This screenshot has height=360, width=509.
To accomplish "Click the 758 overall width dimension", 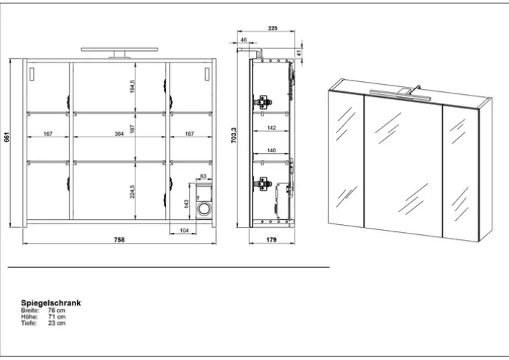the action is [119, 240].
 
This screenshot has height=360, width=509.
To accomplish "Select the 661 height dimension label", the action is [6, 137].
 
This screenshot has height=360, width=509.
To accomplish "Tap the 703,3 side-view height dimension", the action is [234, 135].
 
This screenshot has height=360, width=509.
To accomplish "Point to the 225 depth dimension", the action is [272, 28].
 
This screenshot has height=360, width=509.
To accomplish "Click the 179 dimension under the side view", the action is [271, 240].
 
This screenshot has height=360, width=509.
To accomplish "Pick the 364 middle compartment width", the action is [119, 134].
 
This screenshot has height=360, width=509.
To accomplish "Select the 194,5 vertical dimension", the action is [132, 87].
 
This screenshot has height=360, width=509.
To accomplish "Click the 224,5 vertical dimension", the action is [132, 192].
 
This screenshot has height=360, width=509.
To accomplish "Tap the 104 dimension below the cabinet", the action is [184, 231].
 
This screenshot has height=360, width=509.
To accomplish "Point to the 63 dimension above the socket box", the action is [203, 176].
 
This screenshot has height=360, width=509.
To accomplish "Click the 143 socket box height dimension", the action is [186, 204].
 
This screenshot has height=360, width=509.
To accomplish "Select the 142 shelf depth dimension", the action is [271, 128].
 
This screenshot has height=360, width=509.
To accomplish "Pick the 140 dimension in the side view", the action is [271, 150].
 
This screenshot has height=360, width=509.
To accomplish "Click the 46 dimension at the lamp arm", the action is [244, 40].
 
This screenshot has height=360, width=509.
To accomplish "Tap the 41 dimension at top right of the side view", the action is [299, 52].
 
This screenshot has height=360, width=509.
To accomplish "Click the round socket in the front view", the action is [204, 208].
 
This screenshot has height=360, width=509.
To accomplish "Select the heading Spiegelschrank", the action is [51, 303].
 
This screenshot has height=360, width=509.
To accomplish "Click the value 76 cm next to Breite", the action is [57, 310].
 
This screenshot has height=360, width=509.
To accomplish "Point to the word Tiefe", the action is [29, 323].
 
